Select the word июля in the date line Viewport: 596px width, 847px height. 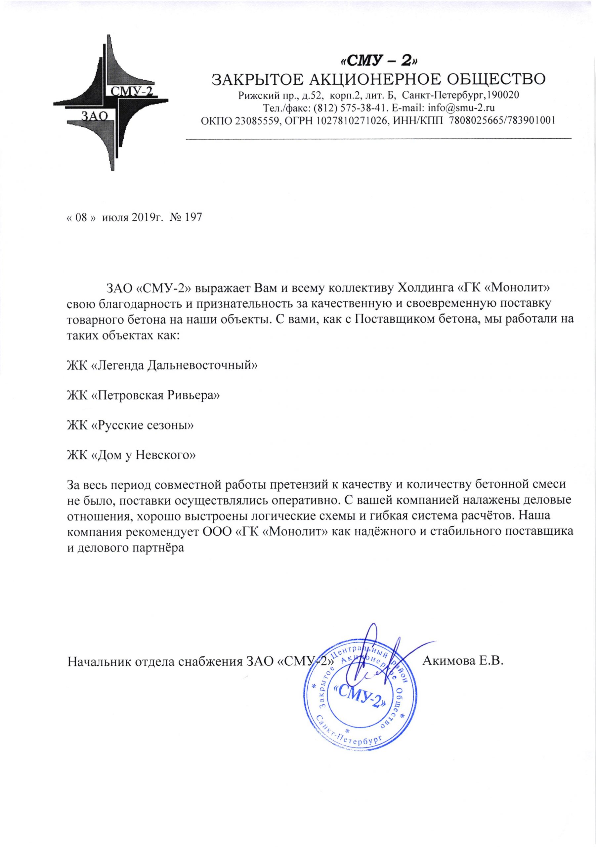[x=114, y=218]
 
